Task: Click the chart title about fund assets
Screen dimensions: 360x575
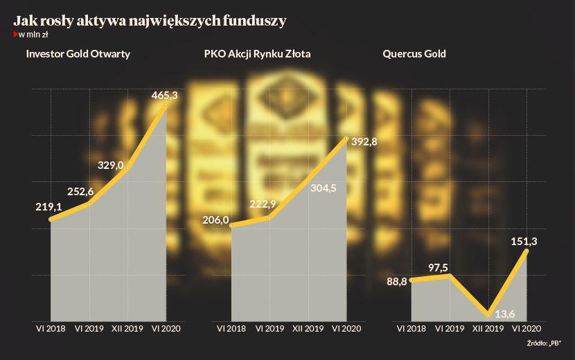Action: coord(150,21)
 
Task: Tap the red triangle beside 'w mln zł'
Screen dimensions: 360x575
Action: coord(15,35)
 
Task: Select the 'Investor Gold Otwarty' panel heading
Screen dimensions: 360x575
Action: coord(78,53)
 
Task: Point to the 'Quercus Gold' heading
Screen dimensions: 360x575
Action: coord(414,53)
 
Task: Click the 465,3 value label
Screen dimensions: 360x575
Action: coord(164,96)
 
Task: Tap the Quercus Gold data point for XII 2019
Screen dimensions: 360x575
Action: coord(488,314)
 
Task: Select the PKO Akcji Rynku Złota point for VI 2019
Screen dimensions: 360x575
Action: coord(269,217)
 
